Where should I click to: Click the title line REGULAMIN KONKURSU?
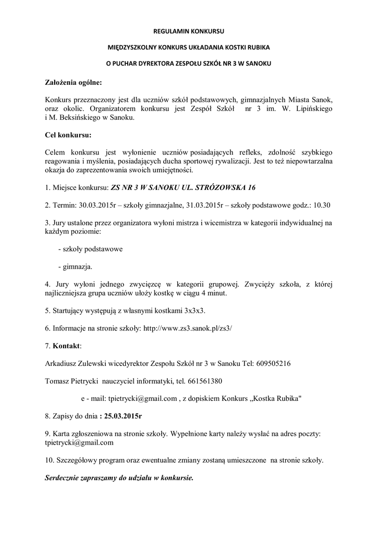click(x=189, y=31)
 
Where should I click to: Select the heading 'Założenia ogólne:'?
click(x=73, y=82)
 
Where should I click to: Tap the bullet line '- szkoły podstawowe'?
click(x=90, y=249)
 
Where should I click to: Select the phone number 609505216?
click(x=274, y=363)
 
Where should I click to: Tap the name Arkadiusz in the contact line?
click(x=61, y=363)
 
